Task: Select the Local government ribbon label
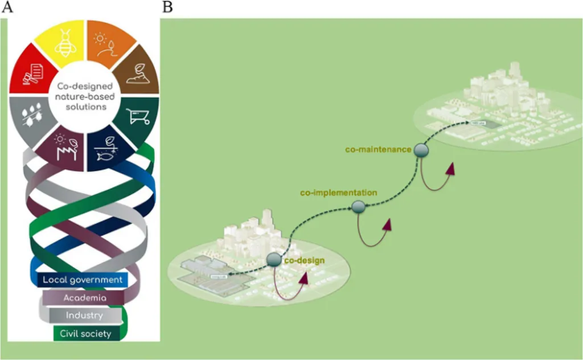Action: point(83,280)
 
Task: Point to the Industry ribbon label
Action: point(84,316)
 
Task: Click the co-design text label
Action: point(304,260)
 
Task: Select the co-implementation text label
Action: point(338,193)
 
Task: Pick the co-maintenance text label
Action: point(378,149)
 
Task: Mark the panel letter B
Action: point(167,7)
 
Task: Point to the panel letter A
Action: point(6,7)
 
